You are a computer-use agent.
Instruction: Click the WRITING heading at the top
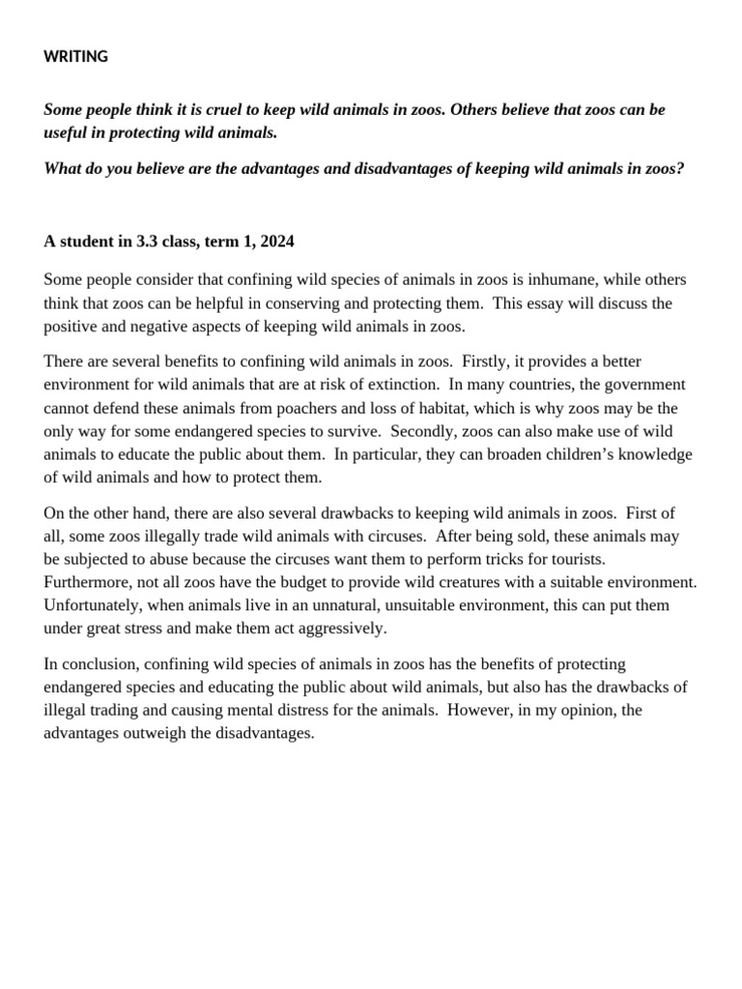[75, 57]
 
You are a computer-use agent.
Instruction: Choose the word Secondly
[424, 431]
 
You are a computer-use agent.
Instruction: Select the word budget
[294, 581]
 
